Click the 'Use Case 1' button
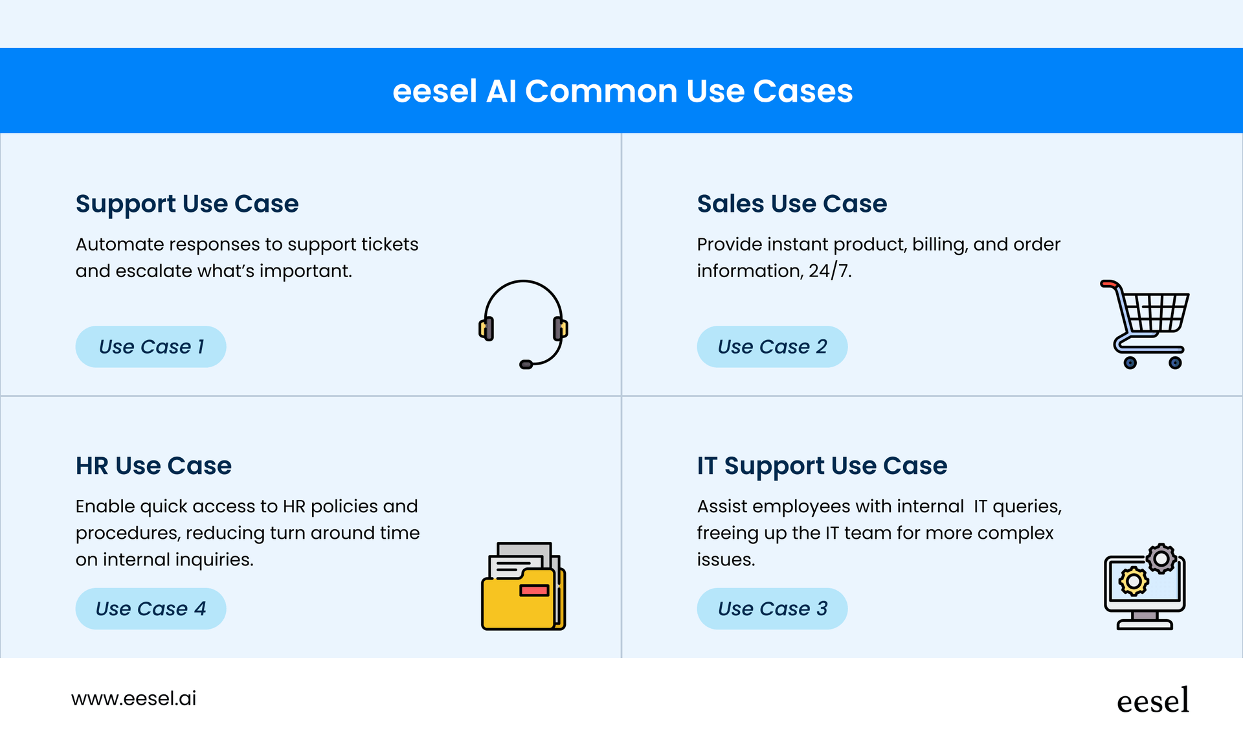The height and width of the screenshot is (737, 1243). click(x=151, y=346)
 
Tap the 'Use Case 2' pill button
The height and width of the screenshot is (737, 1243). click(x=772, y=346)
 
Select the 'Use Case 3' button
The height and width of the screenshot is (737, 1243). click(x=772, y=609)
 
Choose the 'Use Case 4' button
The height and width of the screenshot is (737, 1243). click(x=151, y=609)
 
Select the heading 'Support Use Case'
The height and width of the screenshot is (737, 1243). click(x=187, y=204)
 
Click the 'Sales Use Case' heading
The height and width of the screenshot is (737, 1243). click(x=792, y=204)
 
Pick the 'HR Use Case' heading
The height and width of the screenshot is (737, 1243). click(x=153, y=466)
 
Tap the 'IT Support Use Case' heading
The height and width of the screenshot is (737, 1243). click(x=822, y=466)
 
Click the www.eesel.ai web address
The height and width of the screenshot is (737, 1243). click(x=134, y=698)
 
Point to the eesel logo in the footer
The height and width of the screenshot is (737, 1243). click(x=1153, y=701)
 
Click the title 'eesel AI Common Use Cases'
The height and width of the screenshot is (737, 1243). click(x=622, y=91)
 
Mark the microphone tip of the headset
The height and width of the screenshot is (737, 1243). click(x=526, y=365)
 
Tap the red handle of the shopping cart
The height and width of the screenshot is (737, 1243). click(x=1108, y=284)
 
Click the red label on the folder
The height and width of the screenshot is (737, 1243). click(x=534, y=590)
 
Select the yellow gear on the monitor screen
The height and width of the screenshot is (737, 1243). click(x=1134, y=581)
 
